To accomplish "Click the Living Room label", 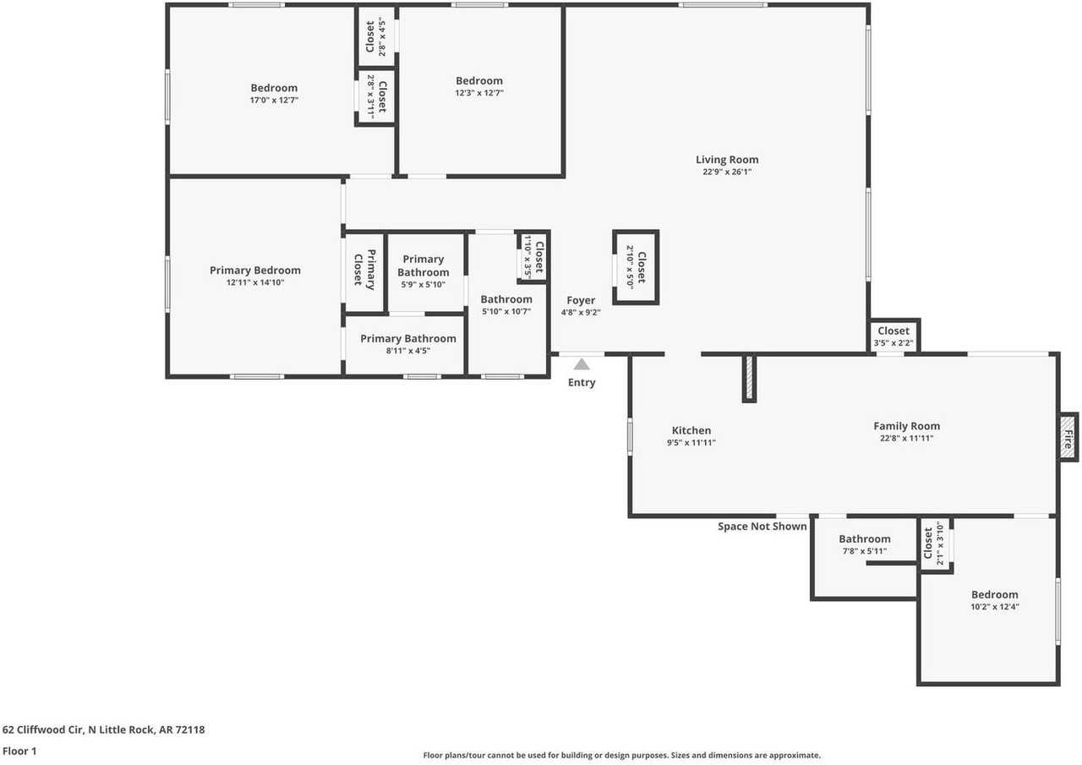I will (x=726, y=160).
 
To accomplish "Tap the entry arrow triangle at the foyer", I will (x=582, y=365).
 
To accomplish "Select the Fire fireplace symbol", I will (x=1068, y=437).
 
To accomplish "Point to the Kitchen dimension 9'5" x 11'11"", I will (x=691, y=442).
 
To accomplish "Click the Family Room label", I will (x=906, y=426).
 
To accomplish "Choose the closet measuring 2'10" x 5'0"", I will (x=635, y=267).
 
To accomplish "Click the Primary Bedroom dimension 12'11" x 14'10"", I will (x=254, y=282).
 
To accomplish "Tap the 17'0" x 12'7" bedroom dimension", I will (x=274, y=100).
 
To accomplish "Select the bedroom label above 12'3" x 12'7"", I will (x=479, y=81).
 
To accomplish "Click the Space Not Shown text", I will (x=762, y=527).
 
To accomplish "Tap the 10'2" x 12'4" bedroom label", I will (x=994, y=594).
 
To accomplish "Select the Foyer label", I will (x=581, y=300).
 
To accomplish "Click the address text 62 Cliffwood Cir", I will (x=103, y=729).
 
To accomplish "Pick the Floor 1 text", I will (x=19, y=751).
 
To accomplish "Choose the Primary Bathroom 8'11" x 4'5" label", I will (x=407, y=339).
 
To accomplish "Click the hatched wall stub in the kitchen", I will (x=748, y=378).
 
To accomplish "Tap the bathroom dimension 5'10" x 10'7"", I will (x=506, y=311).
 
